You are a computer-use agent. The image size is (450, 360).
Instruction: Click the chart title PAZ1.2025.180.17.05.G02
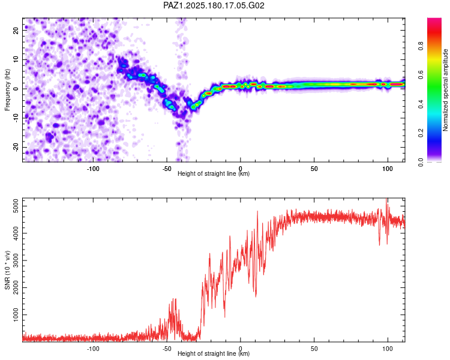[214, 5]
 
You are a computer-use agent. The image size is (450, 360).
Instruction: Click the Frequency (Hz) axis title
[7, 89]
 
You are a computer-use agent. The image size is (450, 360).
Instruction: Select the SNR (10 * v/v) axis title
[7, 270]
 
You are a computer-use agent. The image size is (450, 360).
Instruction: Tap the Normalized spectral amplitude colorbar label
[445, 90]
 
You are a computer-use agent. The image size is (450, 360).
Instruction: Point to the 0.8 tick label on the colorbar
[421, 46]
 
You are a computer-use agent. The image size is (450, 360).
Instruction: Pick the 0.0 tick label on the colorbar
[421, 163]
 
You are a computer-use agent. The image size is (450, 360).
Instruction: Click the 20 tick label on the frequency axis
[16, 30]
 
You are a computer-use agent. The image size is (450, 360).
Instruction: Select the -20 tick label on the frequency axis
[16, 148]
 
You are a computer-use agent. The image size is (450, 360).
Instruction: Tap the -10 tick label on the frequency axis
[16, 118]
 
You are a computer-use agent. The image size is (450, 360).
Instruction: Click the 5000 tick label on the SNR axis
[16, 206]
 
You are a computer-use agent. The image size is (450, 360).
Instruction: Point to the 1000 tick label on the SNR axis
[16, 314]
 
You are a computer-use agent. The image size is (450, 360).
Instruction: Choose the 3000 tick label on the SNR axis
[16, 260]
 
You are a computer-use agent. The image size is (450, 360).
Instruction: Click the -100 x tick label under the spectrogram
[93, 169]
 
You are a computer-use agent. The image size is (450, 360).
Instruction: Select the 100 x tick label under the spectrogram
[388, 169]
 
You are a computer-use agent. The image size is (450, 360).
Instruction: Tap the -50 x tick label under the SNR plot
[167, 349]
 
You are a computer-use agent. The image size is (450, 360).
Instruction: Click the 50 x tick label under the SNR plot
[314, 349]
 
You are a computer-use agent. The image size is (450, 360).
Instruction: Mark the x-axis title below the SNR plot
[214, 353]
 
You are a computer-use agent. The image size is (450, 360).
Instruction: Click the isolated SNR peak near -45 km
[174, 299]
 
